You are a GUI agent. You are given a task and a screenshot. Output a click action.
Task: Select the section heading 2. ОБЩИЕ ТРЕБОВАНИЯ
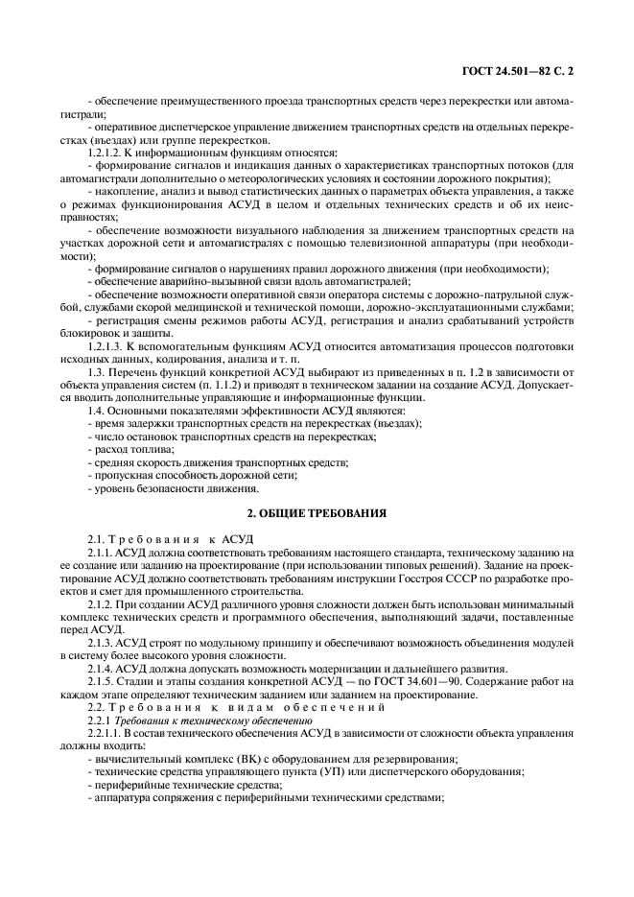pyautogui.click(x=317, y=513)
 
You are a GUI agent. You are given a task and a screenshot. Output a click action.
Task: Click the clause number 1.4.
pyautogui.click(x=96, y=411)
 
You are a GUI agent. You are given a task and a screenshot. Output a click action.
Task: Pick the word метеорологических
pyautogui.click(x=302, y=179)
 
